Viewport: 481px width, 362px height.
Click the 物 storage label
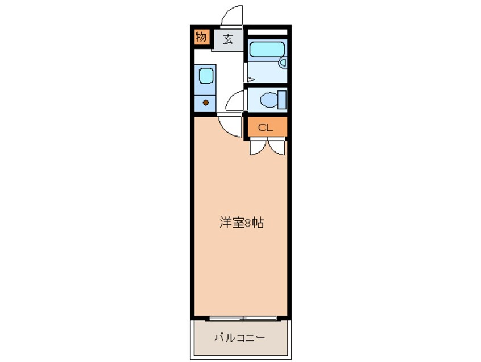point(201,38)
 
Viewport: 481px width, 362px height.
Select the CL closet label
point(266,127)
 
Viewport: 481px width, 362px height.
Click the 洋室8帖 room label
point(241,223)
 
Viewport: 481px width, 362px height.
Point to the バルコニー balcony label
point(239,338)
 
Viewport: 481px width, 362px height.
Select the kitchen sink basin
point(205,76)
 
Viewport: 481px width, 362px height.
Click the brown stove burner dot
point(206,103)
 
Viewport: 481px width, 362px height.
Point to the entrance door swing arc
point(231,16)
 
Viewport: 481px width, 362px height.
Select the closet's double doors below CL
point(267,147)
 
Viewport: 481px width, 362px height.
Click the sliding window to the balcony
point(243,316)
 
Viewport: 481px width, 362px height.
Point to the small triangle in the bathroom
point(248,80)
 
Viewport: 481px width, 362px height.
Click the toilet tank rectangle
point(281,100)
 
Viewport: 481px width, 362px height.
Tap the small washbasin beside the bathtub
point(283,64)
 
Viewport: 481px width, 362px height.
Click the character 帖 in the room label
point(259,223)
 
